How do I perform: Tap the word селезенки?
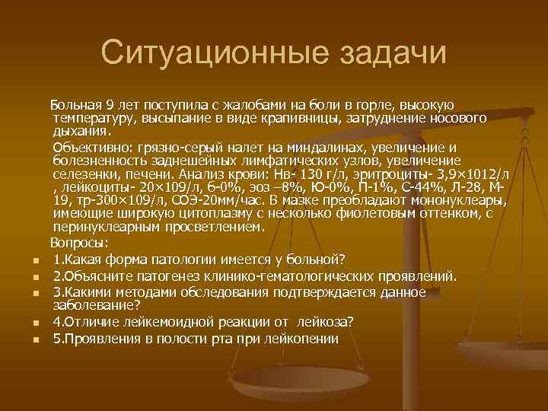coord(90,174)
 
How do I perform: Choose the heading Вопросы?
coord(80,244)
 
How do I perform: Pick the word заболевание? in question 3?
coord(97,304)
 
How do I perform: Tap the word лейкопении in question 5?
coord(301,337)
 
